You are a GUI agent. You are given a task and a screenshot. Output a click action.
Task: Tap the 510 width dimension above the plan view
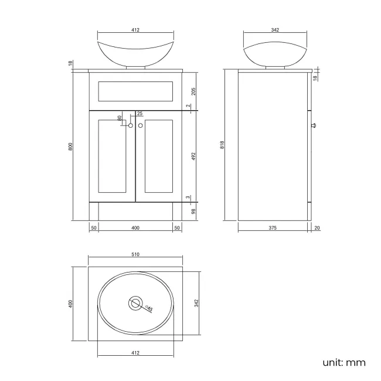[x=135, y=254]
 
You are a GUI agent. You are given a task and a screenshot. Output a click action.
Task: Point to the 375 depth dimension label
[x=273, y=228]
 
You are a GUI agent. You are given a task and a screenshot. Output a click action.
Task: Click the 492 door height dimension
[x=193, y=156]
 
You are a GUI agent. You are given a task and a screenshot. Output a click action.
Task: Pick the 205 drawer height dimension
[x=193, y=91]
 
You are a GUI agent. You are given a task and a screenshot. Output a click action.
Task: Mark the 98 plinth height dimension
[x=193, y=211]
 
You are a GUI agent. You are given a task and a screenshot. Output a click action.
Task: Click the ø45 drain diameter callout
[x=149, y=309]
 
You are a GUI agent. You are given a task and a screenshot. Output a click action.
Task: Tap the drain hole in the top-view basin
[x=135, y=304]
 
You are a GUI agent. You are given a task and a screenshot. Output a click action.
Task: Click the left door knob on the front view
[x=131, y=125]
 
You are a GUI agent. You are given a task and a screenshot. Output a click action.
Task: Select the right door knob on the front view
[x=141, y=125]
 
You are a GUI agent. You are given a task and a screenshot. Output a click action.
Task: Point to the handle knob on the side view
[x=314, y=125]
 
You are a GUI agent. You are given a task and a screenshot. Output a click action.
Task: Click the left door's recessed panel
[x=113, y=157]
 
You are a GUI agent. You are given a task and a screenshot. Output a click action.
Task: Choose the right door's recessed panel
[x=158, y=157]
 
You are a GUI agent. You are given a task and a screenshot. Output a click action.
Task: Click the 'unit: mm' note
[x=343, y=362]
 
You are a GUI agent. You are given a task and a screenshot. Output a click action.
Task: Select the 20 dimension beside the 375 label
[x=317, y=228]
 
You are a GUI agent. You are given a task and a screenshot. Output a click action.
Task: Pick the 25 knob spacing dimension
[x=140, y=114]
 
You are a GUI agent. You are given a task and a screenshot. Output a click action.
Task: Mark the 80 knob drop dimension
[x=120, y=118]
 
